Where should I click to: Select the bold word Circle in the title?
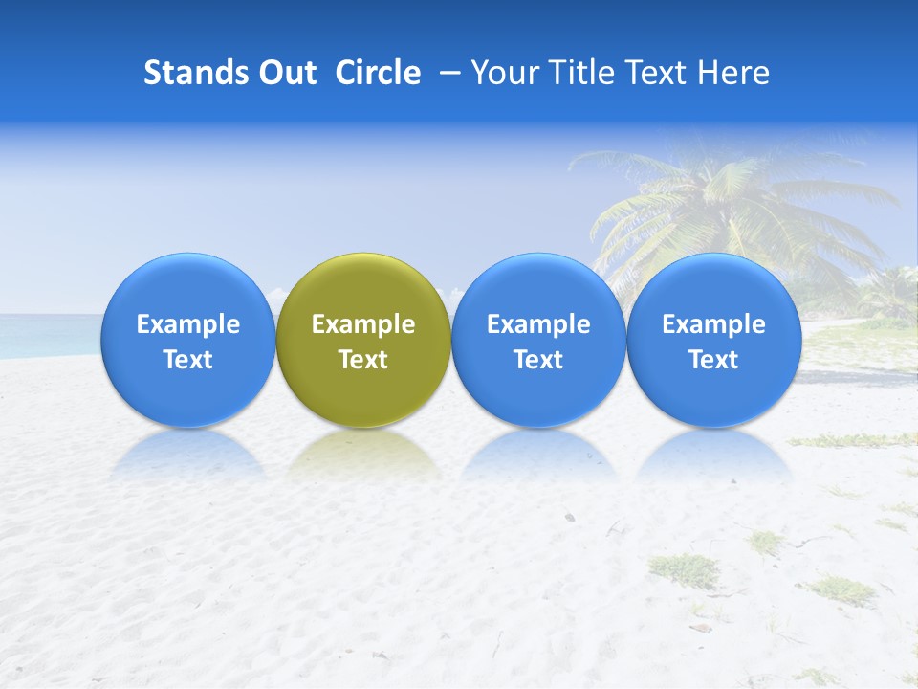tap(378, 73)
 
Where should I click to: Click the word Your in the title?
tap(503, 73)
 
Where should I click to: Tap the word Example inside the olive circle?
tap(363, 325)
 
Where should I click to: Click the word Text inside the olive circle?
tap(363, 360)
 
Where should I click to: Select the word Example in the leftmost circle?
tap(187, 325)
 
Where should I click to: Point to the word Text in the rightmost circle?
tap(713, 360)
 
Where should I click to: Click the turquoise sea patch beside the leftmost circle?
tap(48, 335)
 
